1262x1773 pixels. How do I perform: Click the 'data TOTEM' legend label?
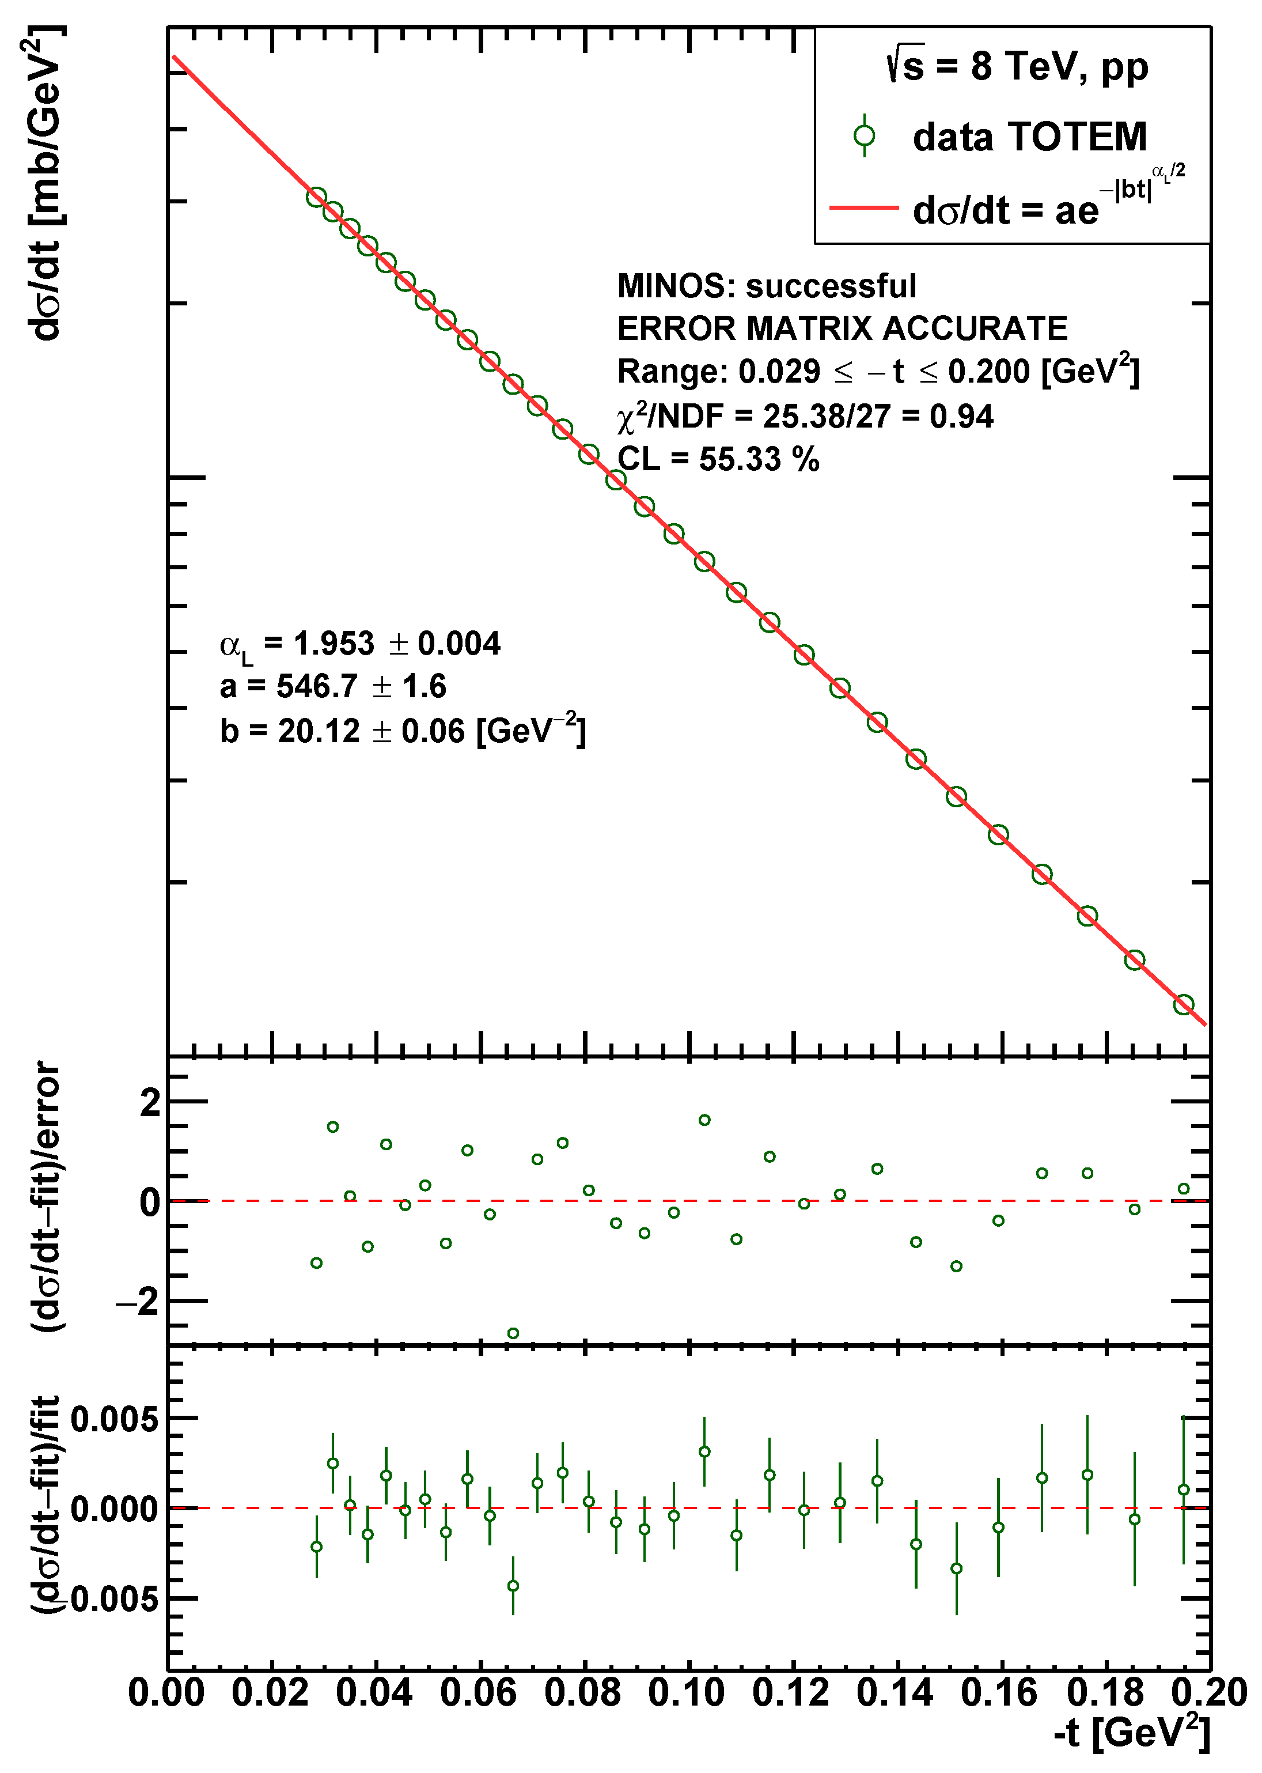(x=1029, y=138)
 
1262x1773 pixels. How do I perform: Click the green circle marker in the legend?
(x=863, y=136)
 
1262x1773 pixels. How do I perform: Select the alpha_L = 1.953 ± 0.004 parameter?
(x=360, y=644)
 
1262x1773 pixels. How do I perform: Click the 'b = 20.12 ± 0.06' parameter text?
(x=402, y=731)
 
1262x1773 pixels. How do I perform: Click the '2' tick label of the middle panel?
(x=149, y=1103)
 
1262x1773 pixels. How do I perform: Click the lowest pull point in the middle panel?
(x=513, y=1334)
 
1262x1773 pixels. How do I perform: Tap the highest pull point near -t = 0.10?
(x=704, y=1120)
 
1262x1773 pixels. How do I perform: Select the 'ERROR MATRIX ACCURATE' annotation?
(x=842, y=329)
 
